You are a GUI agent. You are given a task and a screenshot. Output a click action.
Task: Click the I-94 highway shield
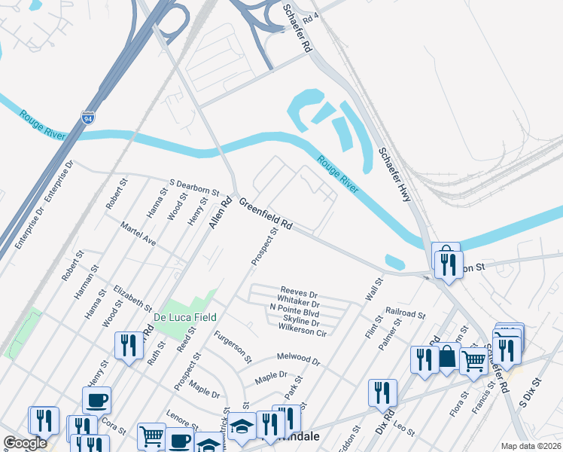coord(88,118)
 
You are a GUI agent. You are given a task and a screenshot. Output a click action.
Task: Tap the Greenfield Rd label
coord(266,214)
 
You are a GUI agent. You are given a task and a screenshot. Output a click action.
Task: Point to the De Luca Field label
coord(186,317)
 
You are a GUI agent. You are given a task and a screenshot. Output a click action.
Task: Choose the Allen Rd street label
coord(219,214)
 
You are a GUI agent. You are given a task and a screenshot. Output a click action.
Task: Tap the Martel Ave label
coord(139,234)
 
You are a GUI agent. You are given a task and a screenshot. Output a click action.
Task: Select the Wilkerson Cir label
coord(302,331)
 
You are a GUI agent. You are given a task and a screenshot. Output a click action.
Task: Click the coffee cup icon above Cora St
coord(97,400)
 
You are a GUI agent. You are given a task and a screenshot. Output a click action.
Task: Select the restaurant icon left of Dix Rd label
coord(382,392)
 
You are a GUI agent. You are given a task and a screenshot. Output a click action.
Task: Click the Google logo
coord(26,443)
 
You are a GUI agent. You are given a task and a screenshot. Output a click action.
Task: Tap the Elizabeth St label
coord(132,298)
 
